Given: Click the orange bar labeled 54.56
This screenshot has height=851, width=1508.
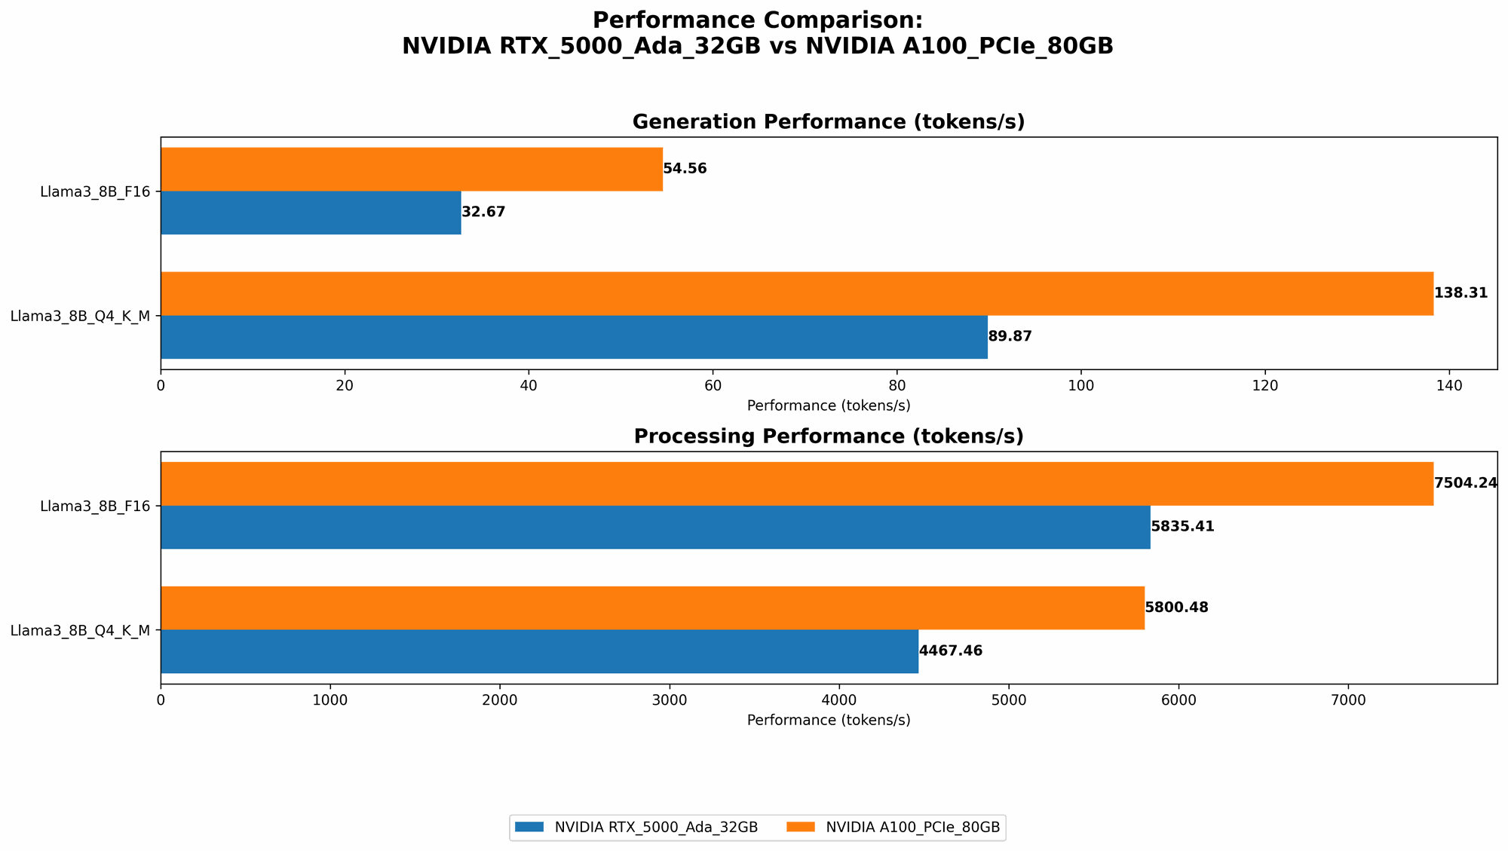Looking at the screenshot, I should [x=411, y=169].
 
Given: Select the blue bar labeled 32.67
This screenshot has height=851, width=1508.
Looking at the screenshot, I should [x=311, y=213].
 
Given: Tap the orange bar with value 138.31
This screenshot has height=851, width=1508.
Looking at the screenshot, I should [x=796, y=293].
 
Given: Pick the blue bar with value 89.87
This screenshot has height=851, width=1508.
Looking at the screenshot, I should [x=574, y=337].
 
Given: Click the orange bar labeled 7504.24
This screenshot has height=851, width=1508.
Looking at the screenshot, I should [x=796, y=483].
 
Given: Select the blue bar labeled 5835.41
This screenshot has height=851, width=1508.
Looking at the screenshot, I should [x=655, y=527].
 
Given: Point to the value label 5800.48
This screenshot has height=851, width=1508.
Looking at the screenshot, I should [x=1176, y=608].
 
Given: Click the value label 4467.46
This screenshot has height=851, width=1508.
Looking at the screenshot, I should [x=950, y=650].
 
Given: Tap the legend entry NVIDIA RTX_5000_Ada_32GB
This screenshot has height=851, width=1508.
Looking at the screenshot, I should [x=655, y=828].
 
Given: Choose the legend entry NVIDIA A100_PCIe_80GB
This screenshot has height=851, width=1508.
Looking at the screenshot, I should [x=912, y=828].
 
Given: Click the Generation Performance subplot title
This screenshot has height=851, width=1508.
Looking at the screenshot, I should [x=828, y=122].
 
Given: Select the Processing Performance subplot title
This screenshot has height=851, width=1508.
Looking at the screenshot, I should [x=828, y=436].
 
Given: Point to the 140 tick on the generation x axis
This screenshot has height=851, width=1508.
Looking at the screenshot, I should [x=1448, y=386].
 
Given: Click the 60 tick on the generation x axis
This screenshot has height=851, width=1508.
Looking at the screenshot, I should [x=713, y=386].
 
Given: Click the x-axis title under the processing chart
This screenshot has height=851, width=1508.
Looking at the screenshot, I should [x=828, y=720].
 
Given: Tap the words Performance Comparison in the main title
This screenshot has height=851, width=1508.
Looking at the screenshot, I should [x=757, y=20].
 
